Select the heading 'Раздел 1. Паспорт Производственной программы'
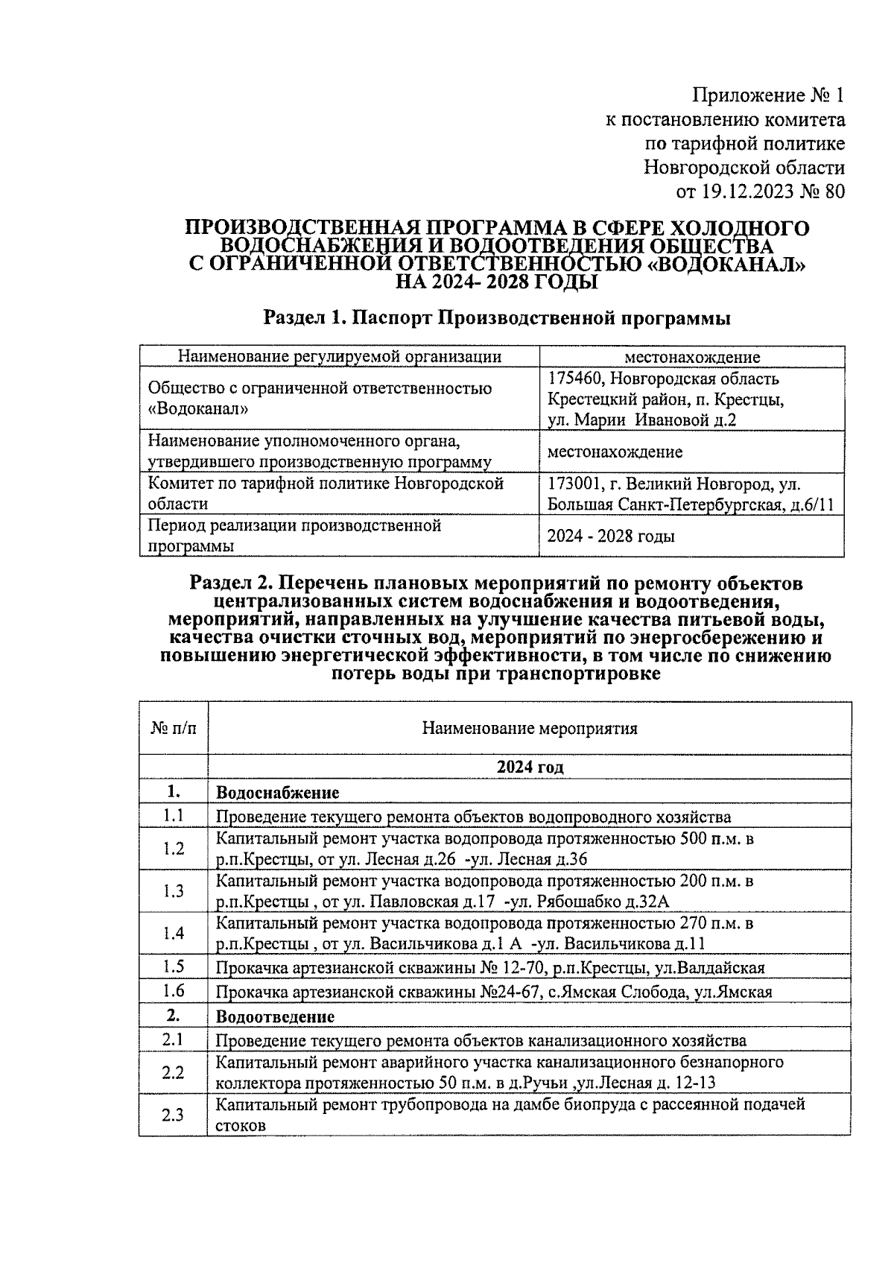point(497,319)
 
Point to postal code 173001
point(576,484)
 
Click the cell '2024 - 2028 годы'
point(611,536)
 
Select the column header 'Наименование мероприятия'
point(530,728)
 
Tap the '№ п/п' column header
point(174,728)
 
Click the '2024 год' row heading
point(530,767)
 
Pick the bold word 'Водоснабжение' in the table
point(277,792)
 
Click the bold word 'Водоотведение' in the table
point(275,1016)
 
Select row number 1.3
point(173,891)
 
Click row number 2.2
point(173,1072)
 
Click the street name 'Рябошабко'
point(582,902)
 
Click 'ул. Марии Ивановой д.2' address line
point(641,420)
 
